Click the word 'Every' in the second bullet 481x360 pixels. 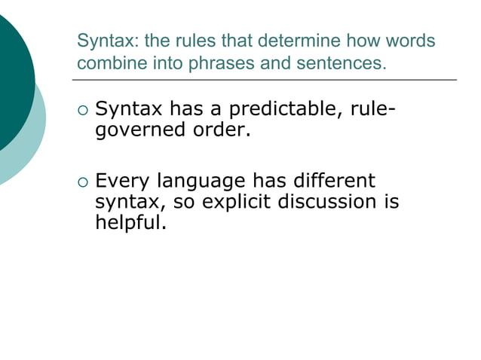click(122, 182)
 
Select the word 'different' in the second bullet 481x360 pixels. click(329, 182)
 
